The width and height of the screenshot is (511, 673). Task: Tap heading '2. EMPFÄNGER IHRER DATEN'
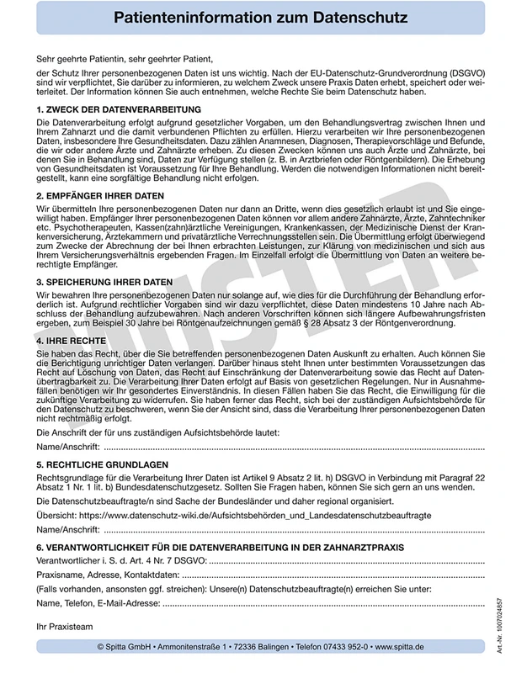100,196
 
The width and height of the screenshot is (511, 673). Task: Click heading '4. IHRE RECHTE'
71,342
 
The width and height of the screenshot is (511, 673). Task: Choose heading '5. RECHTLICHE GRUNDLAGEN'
103,464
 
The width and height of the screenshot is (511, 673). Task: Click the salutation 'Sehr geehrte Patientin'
83,59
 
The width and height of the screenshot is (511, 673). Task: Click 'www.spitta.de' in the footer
399,647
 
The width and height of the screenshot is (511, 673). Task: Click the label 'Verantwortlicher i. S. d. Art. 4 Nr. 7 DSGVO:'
121,560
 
